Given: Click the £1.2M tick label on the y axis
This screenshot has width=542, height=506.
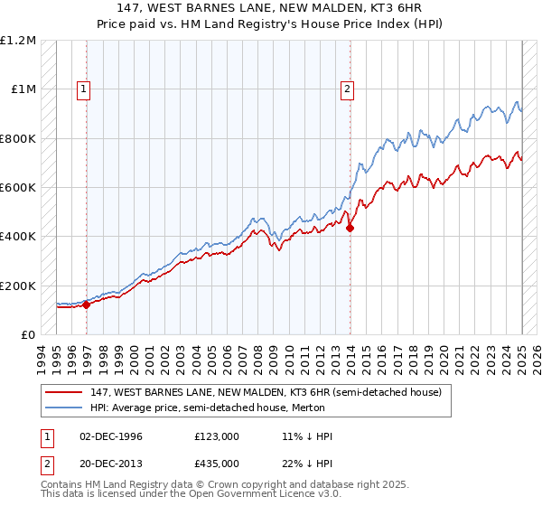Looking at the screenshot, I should pos(19,41).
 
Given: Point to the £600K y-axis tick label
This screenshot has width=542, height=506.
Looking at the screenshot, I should pos(19,188).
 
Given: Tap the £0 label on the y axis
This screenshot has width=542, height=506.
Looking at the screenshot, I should pos(29,335).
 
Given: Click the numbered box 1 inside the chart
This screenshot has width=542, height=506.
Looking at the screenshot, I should pos(84,89).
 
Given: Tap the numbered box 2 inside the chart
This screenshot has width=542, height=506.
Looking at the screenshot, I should pos(347,89).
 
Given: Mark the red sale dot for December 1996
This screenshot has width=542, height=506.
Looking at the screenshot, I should pos(87,305).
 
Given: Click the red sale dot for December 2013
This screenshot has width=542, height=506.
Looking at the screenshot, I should pos(350,228).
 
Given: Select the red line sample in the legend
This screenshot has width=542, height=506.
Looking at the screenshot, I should pos(63,392).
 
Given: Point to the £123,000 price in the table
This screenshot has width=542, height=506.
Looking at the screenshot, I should pos(216,436).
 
